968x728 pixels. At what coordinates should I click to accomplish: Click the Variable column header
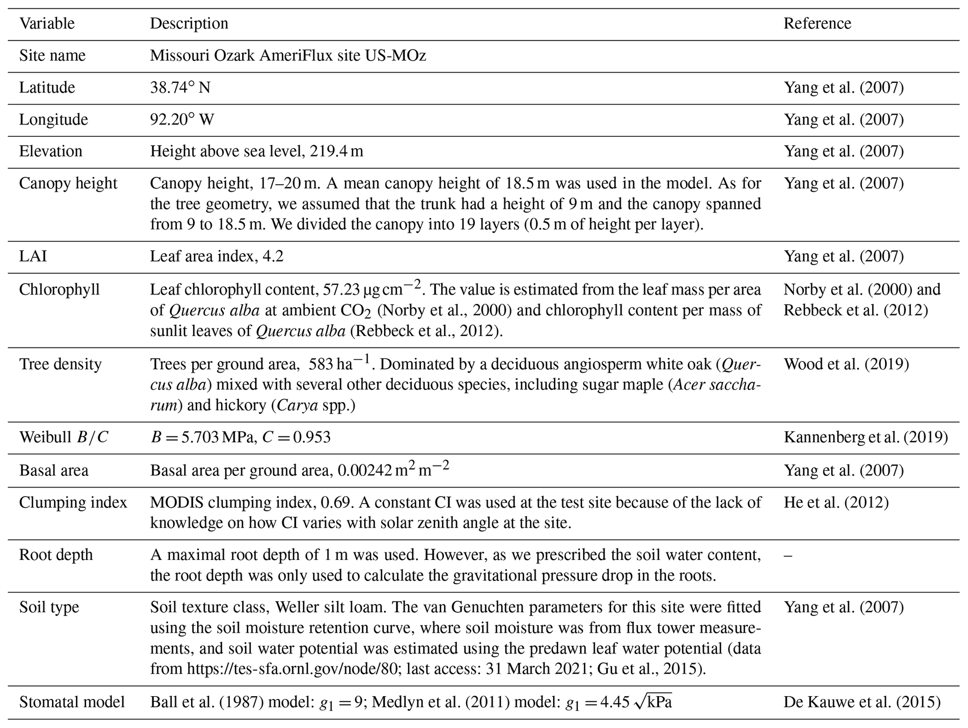(47, 23)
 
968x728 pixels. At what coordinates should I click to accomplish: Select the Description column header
(189, 23)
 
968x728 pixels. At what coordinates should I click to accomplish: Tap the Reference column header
(817, 23)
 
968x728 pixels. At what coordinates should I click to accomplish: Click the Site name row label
(52, 56)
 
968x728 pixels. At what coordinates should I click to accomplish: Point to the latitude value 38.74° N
(180, 88)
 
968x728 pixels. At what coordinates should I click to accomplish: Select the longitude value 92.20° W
(182, 119)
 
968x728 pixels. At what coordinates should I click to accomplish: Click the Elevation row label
(51, 151)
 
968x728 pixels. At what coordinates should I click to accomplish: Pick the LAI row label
(33, 256)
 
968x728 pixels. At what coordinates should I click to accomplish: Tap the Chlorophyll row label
(59, 290)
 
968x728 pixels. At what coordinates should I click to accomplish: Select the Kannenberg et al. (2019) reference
(865, 437)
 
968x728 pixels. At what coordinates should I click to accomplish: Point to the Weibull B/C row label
(64, 437)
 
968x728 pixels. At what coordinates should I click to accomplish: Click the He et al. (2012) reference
(836, 503)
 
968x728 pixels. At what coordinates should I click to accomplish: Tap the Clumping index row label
(73, 503)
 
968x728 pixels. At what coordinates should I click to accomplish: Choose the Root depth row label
(56, 555)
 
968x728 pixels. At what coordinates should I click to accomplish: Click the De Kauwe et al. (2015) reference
(862, 702)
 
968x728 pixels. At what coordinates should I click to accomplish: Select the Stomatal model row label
(72, 702)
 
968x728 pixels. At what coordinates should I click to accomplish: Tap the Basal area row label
(54, 470)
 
